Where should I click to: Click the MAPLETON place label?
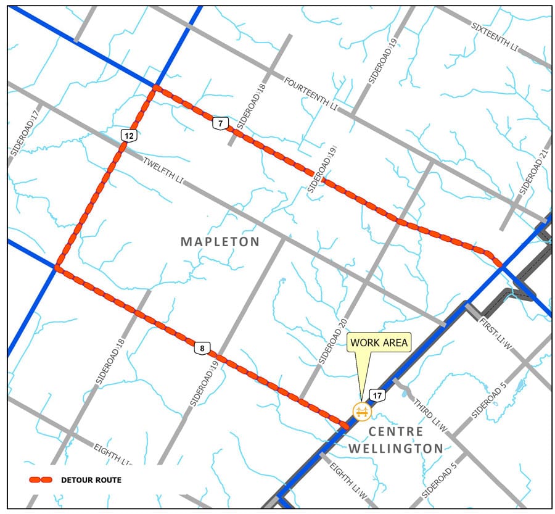(x=220, y=241)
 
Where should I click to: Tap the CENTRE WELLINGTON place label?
(x=395, y=440)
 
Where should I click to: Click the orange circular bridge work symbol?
(x=361, y=410)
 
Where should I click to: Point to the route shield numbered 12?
(x=128, y=135)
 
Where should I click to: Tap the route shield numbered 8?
(x=201, y=349)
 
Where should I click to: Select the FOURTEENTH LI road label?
(x=312, y=93)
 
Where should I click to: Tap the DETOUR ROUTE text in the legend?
(x=91, y=479)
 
